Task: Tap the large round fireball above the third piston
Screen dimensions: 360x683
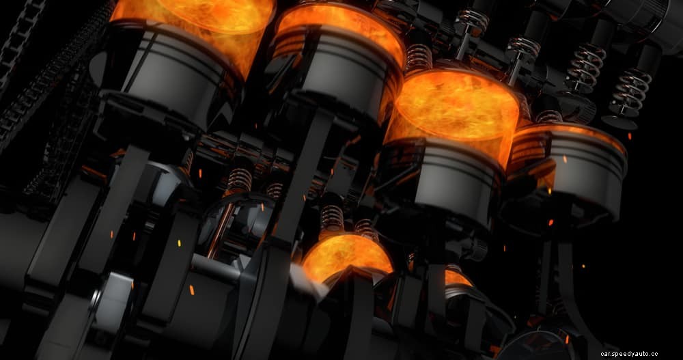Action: (x=457, y=106)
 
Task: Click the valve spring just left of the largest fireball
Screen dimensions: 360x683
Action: (x=418, y=57)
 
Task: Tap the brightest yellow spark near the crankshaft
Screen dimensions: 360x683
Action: (x=179, y=243)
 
